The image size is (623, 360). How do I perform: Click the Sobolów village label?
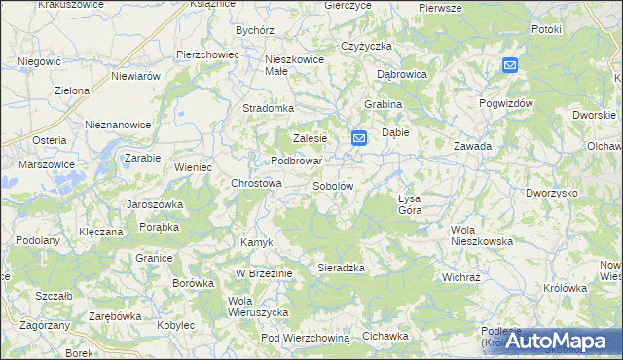click(332, 185)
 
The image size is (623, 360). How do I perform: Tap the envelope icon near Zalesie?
click(358, 139)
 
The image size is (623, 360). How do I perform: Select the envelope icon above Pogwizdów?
click(511, 65)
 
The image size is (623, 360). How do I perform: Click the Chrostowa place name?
click(256, 183)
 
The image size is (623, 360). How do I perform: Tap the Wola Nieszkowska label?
click(481, 235)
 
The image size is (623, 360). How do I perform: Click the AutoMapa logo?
click(566, 341)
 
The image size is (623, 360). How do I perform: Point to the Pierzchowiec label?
click(207, 54)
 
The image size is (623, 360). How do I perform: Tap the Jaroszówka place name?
click(156, 205)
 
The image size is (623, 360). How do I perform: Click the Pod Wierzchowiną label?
click(305, 337)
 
